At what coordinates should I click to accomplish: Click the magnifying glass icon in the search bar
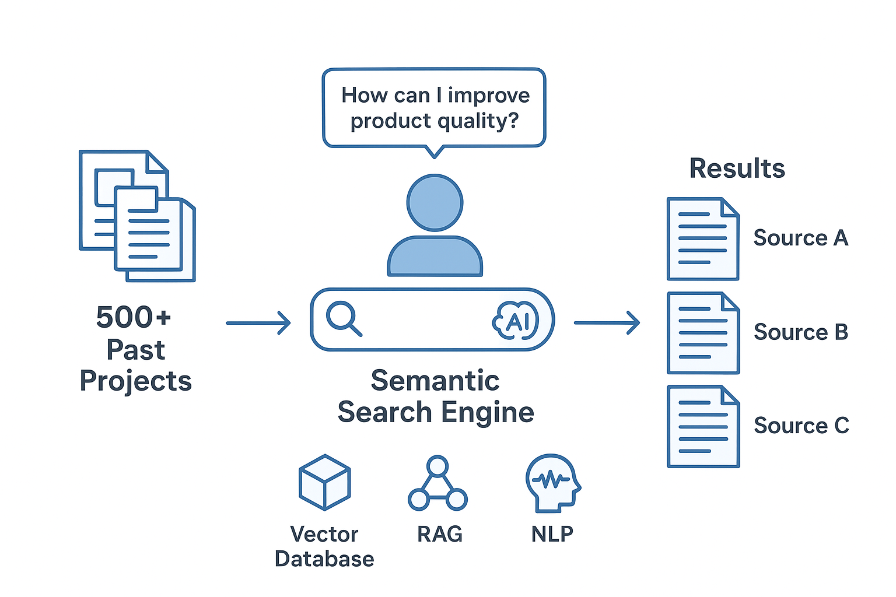344,318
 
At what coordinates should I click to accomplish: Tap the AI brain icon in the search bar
516,320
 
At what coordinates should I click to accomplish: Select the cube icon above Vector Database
325,483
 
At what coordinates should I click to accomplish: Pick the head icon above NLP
552,483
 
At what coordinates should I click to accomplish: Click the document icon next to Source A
703,239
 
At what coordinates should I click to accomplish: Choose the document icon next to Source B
703,333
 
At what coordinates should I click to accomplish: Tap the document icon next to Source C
703,427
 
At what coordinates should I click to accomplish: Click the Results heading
737,168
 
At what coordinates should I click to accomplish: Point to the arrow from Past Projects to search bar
258,322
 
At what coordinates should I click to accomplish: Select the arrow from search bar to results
607,322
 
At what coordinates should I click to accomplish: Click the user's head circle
435,202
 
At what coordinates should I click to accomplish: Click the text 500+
134,318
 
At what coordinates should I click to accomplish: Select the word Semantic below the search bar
435,381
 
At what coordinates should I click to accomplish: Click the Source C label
801,426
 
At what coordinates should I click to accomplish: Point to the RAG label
440,534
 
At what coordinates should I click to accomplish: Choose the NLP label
552,534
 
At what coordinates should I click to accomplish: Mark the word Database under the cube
324,559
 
